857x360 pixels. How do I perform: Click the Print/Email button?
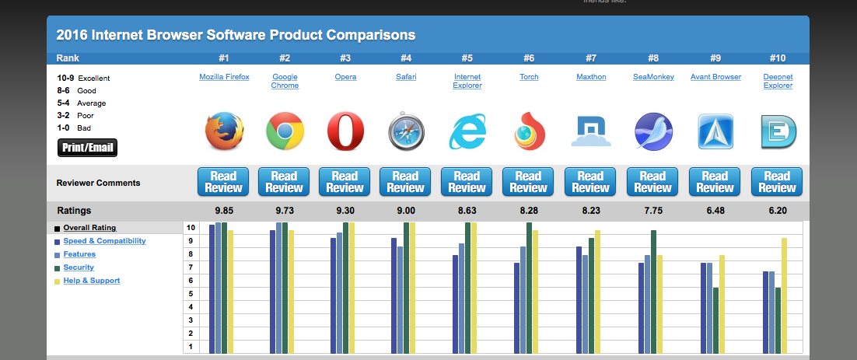tap(87, 148)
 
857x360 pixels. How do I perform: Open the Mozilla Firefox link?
tap(224, 77)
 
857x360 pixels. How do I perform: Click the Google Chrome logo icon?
tap(285, 131)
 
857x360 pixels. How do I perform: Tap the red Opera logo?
tap(345, 131)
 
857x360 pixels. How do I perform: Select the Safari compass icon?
tap(406, 132)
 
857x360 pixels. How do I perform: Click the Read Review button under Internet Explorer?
tap(467, 182)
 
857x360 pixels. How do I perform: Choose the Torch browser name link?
tap(528, 77)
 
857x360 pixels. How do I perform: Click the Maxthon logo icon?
tap(590, 131)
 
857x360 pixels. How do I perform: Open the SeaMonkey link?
tap(653, 77)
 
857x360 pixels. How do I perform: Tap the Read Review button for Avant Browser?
tap(715, 182)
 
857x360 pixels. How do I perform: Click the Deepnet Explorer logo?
tap(776, 132)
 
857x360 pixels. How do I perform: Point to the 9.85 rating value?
tap(223, 210)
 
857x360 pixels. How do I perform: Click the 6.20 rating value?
tap(776, 210)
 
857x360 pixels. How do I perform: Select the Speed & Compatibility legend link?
tap(104, 241)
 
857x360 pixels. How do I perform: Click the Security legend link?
tap(79, 267)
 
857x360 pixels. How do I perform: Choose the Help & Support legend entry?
tap(92, 281)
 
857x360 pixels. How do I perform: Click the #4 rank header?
tap(406, 58)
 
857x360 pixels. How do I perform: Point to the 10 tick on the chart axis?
tap(191, 228)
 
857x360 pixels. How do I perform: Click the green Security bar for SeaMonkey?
tap(654, 291)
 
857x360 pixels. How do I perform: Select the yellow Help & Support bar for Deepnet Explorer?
tap(784, 295)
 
